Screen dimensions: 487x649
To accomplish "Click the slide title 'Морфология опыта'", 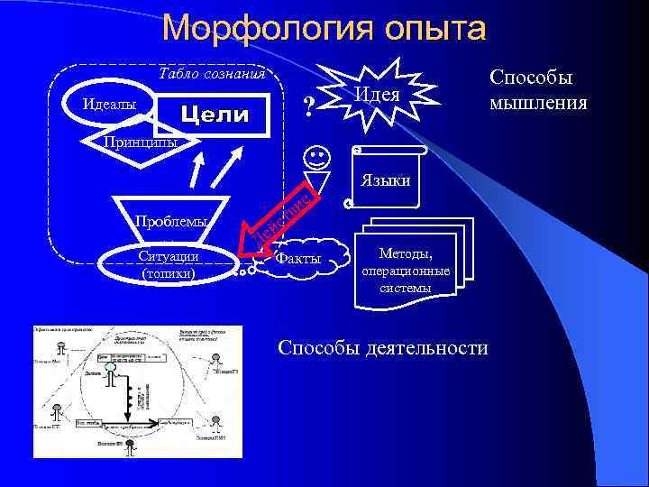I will pos(324,29).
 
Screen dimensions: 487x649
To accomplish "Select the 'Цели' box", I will pos(215,115).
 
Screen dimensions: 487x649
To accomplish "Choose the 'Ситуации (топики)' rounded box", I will pos(169,262).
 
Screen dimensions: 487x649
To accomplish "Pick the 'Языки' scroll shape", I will pos(387,179).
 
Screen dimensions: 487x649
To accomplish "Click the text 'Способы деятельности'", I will pos(383,348).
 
